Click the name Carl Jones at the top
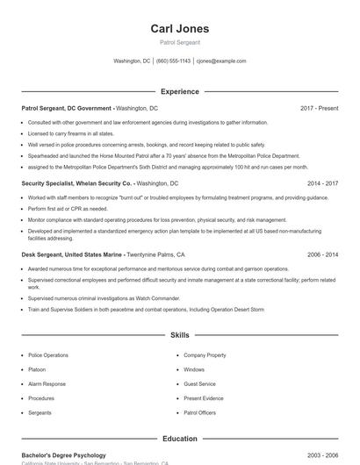click(x=179, y=29)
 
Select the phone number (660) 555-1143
click(x=173, y=61)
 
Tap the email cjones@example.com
click(x=221, y=61)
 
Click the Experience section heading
click(x=179, y=91)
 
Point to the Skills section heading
click(x=179, y=335)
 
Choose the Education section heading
click(x=179, y=438)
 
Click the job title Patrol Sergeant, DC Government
click(x=68, y=108)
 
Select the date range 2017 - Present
click(x=319, y=108)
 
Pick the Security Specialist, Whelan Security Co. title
click(x=77, y=183)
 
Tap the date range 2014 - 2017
click(x=322, y=183)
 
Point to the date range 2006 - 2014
click(x=322, y=254)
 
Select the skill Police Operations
click(x=47, y=355)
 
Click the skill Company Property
click(x=205, y=355)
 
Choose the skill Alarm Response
click(x=47, y=383)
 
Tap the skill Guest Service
click(x=199, y=383)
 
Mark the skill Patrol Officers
click(x=199, y=411)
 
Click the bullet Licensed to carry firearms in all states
click(x=70, y=133)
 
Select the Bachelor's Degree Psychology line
click(x=63, y=455)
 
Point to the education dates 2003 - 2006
click(x=322, y=455)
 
